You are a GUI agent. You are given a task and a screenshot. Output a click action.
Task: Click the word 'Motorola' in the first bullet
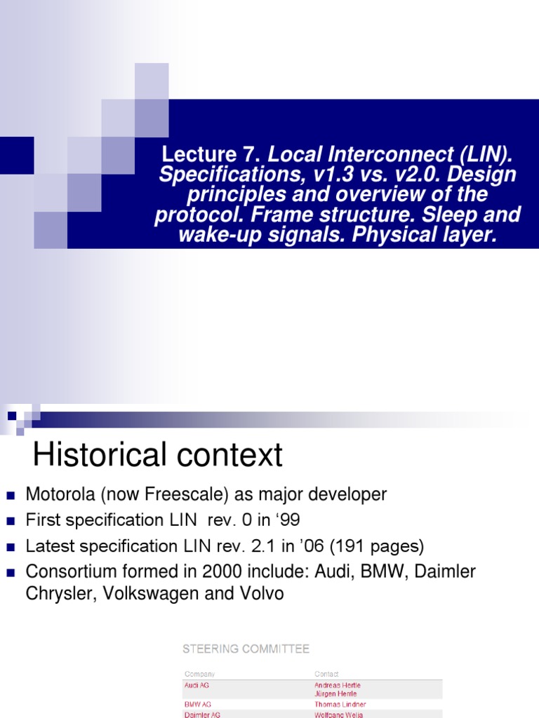tap(59, 494)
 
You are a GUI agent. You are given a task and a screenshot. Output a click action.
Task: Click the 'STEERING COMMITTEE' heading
tap(246, 649)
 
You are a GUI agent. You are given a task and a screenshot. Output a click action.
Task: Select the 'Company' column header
tap(199, 674)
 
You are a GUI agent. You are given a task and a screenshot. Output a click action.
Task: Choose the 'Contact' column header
tap(326, 674)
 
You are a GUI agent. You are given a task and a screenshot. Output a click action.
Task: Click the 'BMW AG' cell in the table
tap(197, 704)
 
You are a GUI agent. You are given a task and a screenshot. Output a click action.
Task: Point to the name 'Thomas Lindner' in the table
tap(340, 704)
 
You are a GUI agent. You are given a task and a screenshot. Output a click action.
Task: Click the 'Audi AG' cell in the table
tap(197, 684)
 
